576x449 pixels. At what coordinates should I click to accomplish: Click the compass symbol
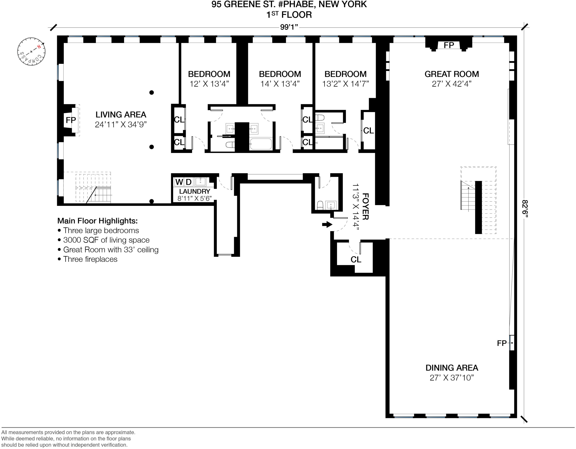(x=31, y=51)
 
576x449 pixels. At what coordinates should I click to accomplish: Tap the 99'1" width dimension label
(x=289, y=27)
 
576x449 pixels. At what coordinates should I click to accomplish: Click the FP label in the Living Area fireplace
(x=71, y=120)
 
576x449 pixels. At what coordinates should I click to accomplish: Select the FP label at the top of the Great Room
(x=449, y=45)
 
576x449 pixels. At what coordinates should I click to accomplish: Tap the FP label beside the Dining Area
(x=502, y=343)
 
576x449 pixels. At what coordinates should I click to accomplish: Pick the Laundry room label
(x=195, y=191)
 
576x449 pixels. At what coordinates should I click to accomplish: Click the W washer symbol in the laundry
(x=179, y=182)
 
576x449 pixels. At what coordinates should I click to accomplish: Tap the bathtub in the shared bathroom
(x=261, y=144)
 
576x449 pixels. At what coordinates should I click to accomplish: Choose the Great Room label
(x=451, y=74)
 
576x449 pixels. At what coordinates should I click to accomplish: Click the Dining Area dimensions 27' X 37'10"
(x=451, y=378)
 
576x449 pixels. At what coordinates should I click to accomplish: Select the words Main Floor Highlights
(x=97, y=221)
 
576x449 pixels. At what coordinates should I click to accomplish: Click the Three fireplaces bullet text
(x=90, y=259)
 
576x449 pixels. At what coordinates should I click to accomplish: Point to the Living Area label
(x=121, y=115)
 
